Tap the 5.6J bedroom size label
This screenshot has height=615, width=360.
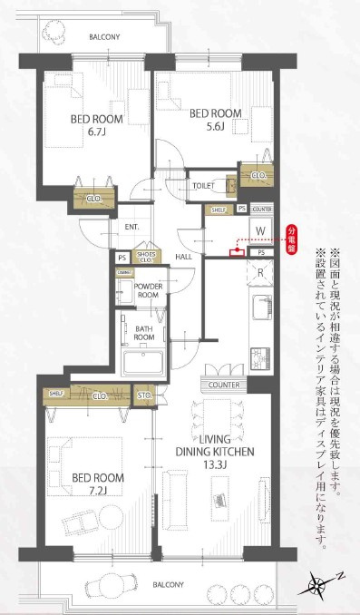214,127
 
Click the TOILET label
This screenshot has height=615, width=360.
204,185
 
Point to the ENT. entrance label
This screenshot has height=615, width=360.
131,227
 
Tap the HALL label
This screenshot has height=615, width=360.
183,257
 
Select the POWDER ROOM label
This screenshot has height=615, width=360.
148,291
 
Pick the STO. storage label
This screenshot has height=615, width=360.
144,395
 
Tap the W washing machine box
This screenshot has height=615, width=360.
259,228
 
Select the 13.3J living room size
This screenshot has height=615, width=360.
214,465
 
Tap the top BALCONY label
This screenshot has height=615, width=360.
104,37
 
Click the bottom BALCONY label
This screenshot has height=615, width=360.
170,585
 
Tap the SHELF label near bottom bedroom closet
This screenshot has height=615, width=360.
55,393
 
